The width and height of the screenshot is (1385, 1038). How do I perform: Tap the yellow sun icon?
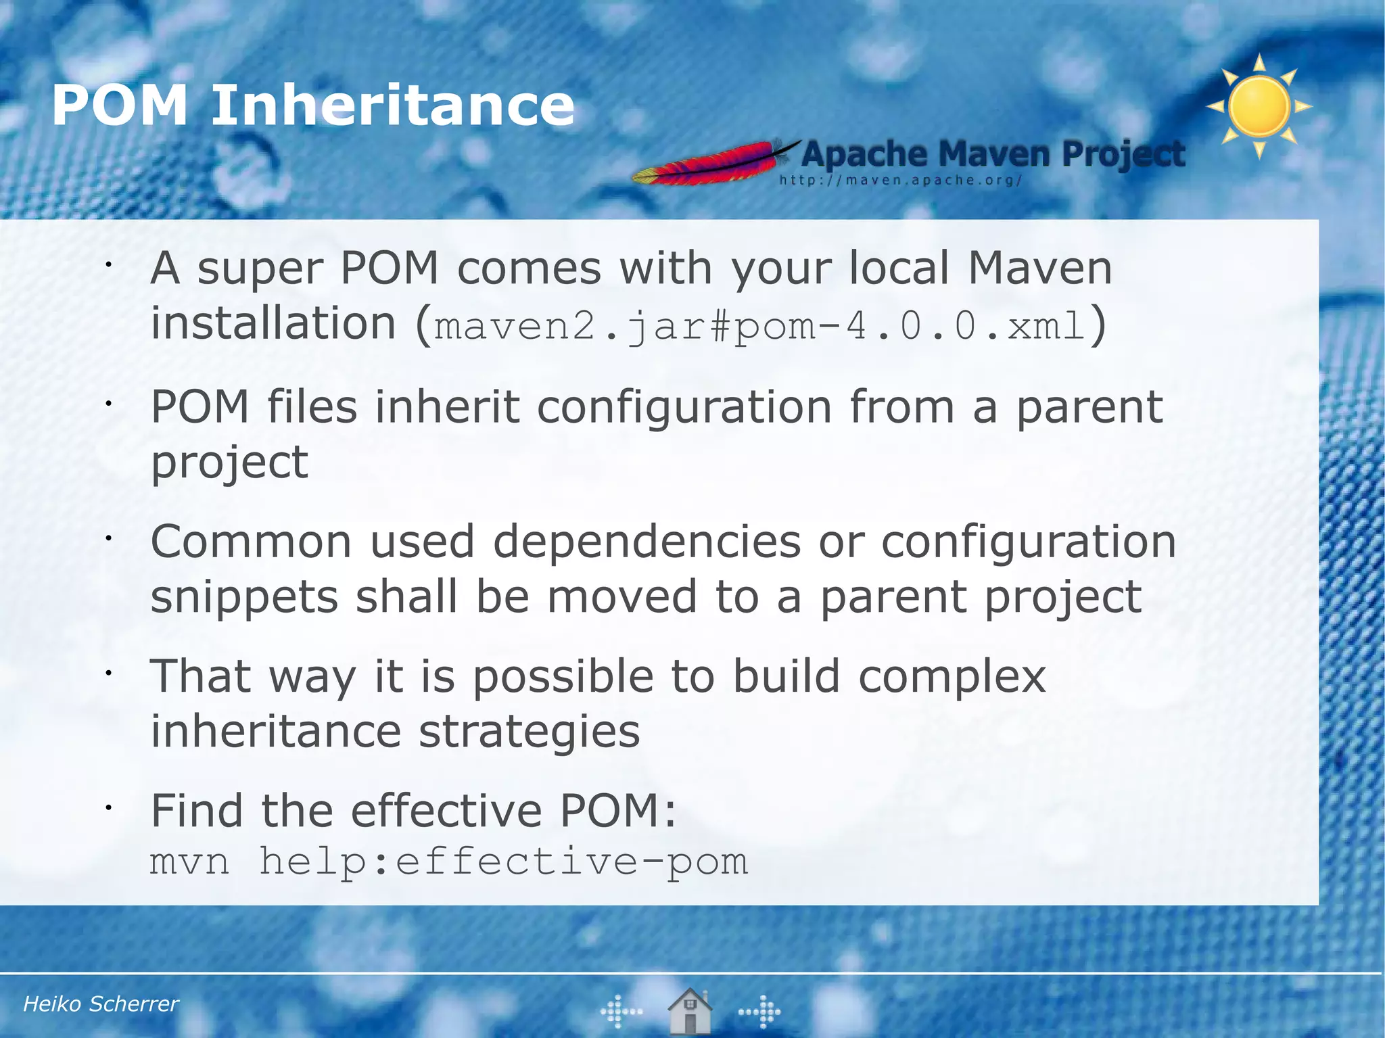click(1259, 107)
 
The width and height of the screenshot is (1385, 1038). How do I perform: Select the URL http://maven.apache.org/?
click(900, 181)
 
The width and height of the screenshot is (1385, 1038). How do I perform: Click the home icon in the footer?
click(689, 1011)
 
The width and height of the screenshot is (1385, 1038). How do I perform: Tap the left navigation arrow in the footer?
click(621, 1012)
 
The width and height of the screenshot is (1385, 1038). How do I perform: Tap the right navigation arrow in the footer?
click(760, 1012)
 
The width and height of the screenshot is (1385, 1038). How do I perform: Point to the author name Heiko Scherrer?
click(101, 1004)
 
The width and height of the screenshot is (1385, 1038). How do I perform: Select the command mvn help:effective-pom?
click(449, 862)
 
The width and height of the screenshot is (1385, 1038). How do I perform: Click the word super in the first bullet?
click(260, 269)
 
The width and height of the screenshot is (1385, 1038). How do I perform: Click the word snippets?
click(244, 597)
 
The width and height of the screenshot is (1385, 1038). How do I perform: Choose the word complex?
click(952, 677)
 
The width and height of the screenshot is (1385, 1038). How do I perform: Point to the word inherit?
click(447, 407)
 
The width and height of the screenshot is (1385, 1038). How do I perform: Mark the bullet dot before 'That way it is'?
click(107, 673)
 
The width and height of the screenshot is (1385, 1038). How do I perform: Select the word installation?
click(273, 323)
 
